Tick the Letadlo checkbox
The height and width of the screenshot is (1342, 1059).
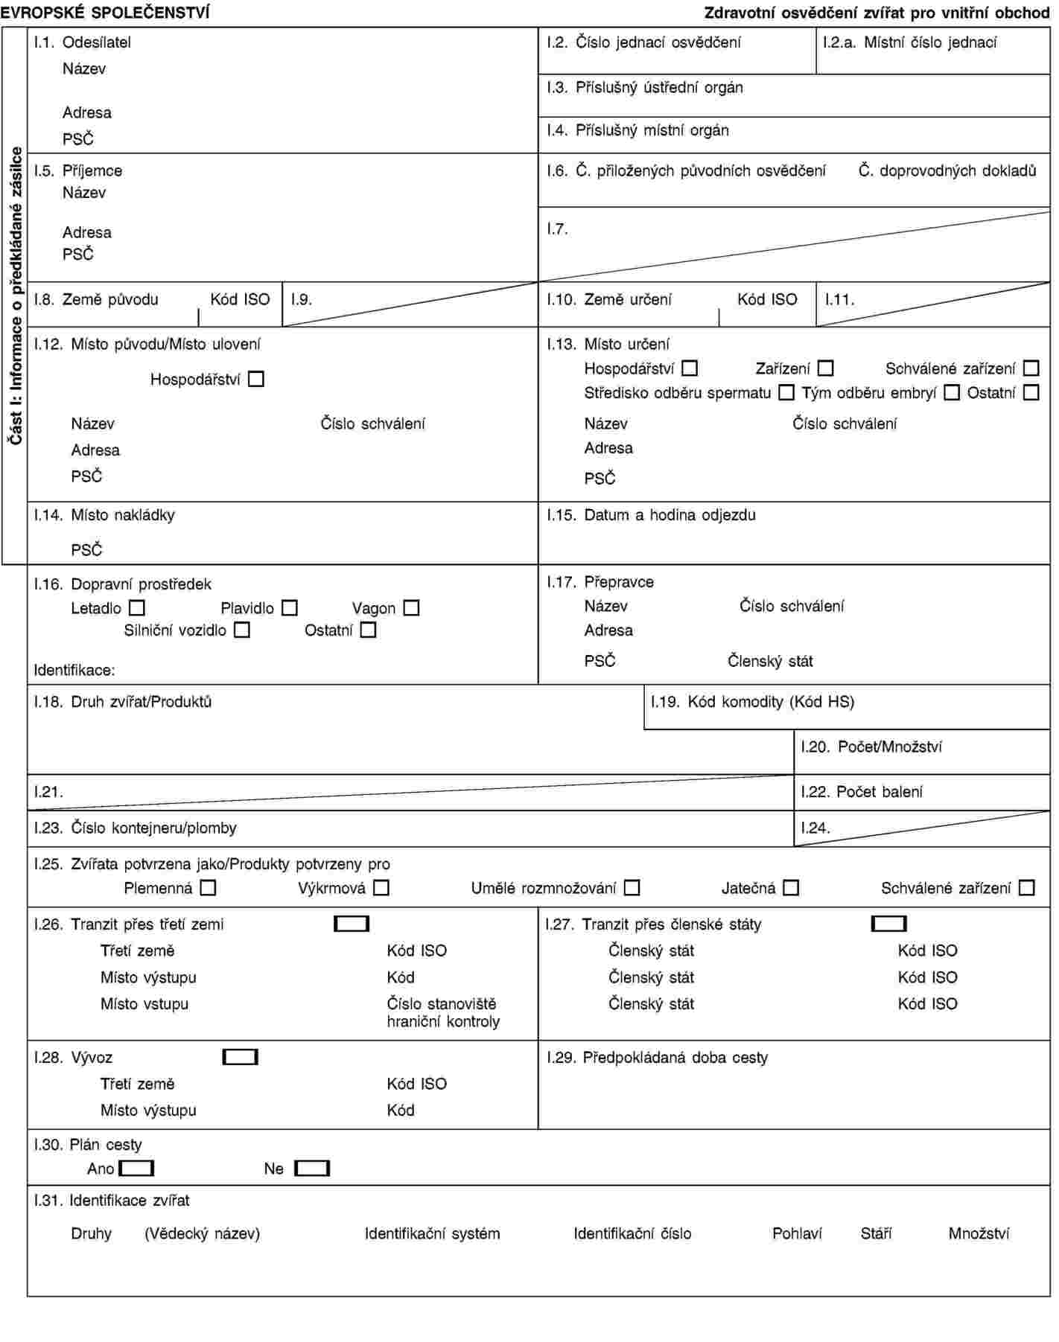136,608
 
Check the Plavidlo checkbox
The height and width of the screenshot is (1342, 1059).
290,608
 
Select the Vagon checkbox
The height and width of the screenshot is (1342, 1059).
411,608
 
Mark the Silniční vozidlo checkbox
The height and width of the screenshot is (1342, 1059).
241,630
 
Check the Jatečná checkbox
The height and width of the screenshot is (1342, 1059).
791,888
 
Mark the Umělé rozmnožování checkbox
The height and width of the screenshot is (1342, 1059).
632,888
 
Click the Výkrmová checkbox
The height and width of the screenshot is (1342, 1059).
381,888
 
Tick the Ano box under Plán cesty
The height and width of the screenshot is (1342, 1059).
136,1169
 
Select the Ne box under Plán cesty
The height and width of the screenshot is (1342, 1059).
312,1169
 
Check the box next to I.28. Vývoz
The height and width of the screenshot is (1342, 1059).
240,1058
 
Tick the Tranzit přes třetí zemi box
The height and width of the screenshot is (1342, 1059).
352,924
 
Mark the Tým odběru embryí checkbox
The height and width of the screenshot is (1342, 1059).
952,392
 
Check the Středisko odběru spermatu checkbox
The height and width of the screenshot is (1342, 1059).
786,392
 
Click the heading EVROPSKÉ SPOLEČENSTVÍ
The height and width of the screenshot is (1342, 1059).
105,13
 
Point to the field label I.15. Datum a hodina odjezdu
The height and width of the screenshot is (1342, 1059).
651,515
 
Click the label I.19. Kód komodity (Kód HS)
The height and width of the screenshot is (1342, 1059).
752,701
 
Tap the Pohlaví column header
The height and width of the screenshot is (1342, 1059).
797,1233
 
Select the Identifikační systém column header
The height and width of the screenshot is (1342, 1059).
432,1233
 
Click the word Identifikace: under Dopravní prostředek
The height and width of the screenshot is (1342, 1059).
74,670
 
